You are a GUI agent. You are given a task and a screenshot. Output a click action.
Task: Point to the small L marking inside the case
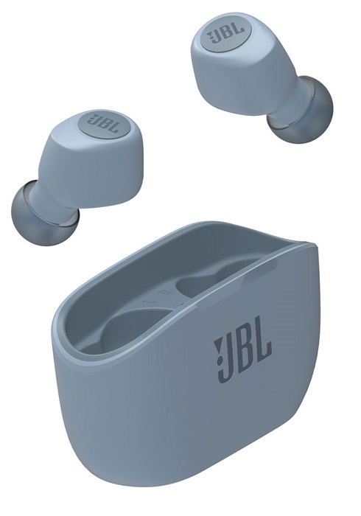tap(147, 302)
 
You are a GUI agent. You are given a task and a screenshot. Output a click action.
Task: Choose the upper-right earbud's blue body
tap(236, 66)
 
